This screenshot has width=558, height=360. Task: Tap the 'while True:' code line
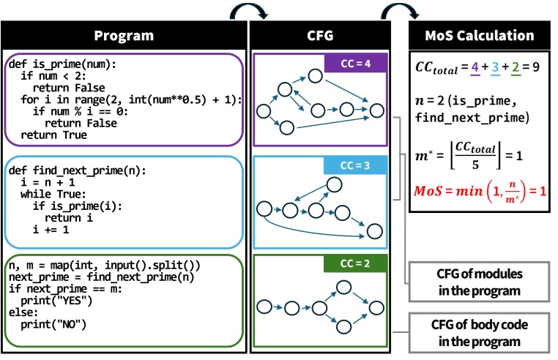pos(53,194)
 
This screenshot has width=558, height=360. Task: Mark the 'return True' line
pos(53,135)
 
